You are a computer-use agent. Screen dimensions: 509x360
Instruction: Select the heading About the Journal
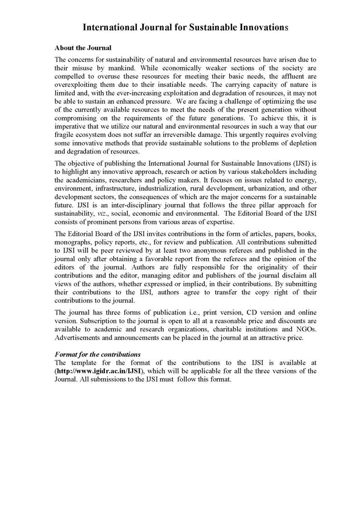[83, 48]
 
